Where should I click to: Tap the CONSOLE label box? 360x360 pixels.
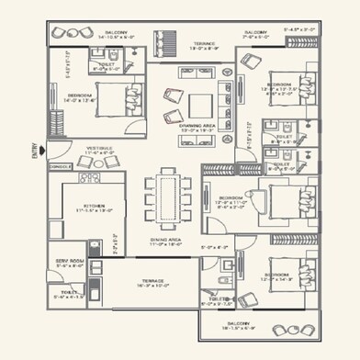pos(60,167)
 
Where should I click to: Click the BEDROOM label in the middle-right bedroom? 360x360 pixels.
pos(229,197)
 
